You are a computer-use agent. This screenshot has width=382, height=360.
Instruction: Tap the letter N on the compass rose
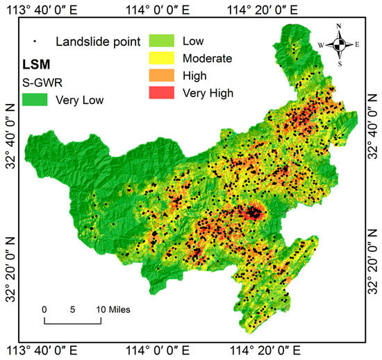pos(339,27)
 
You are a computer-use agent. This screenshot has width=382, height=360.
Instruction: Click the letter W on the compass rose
pos(320,45)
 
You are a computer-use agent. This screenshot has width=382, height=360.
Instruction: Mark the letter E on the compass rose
pos(357,45)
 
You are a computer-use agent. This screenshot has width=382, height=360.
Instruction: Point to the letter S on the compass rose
pos(339,64)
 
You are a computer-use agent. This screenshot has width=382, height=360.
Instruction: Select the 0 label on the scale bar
pos(44,309)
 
